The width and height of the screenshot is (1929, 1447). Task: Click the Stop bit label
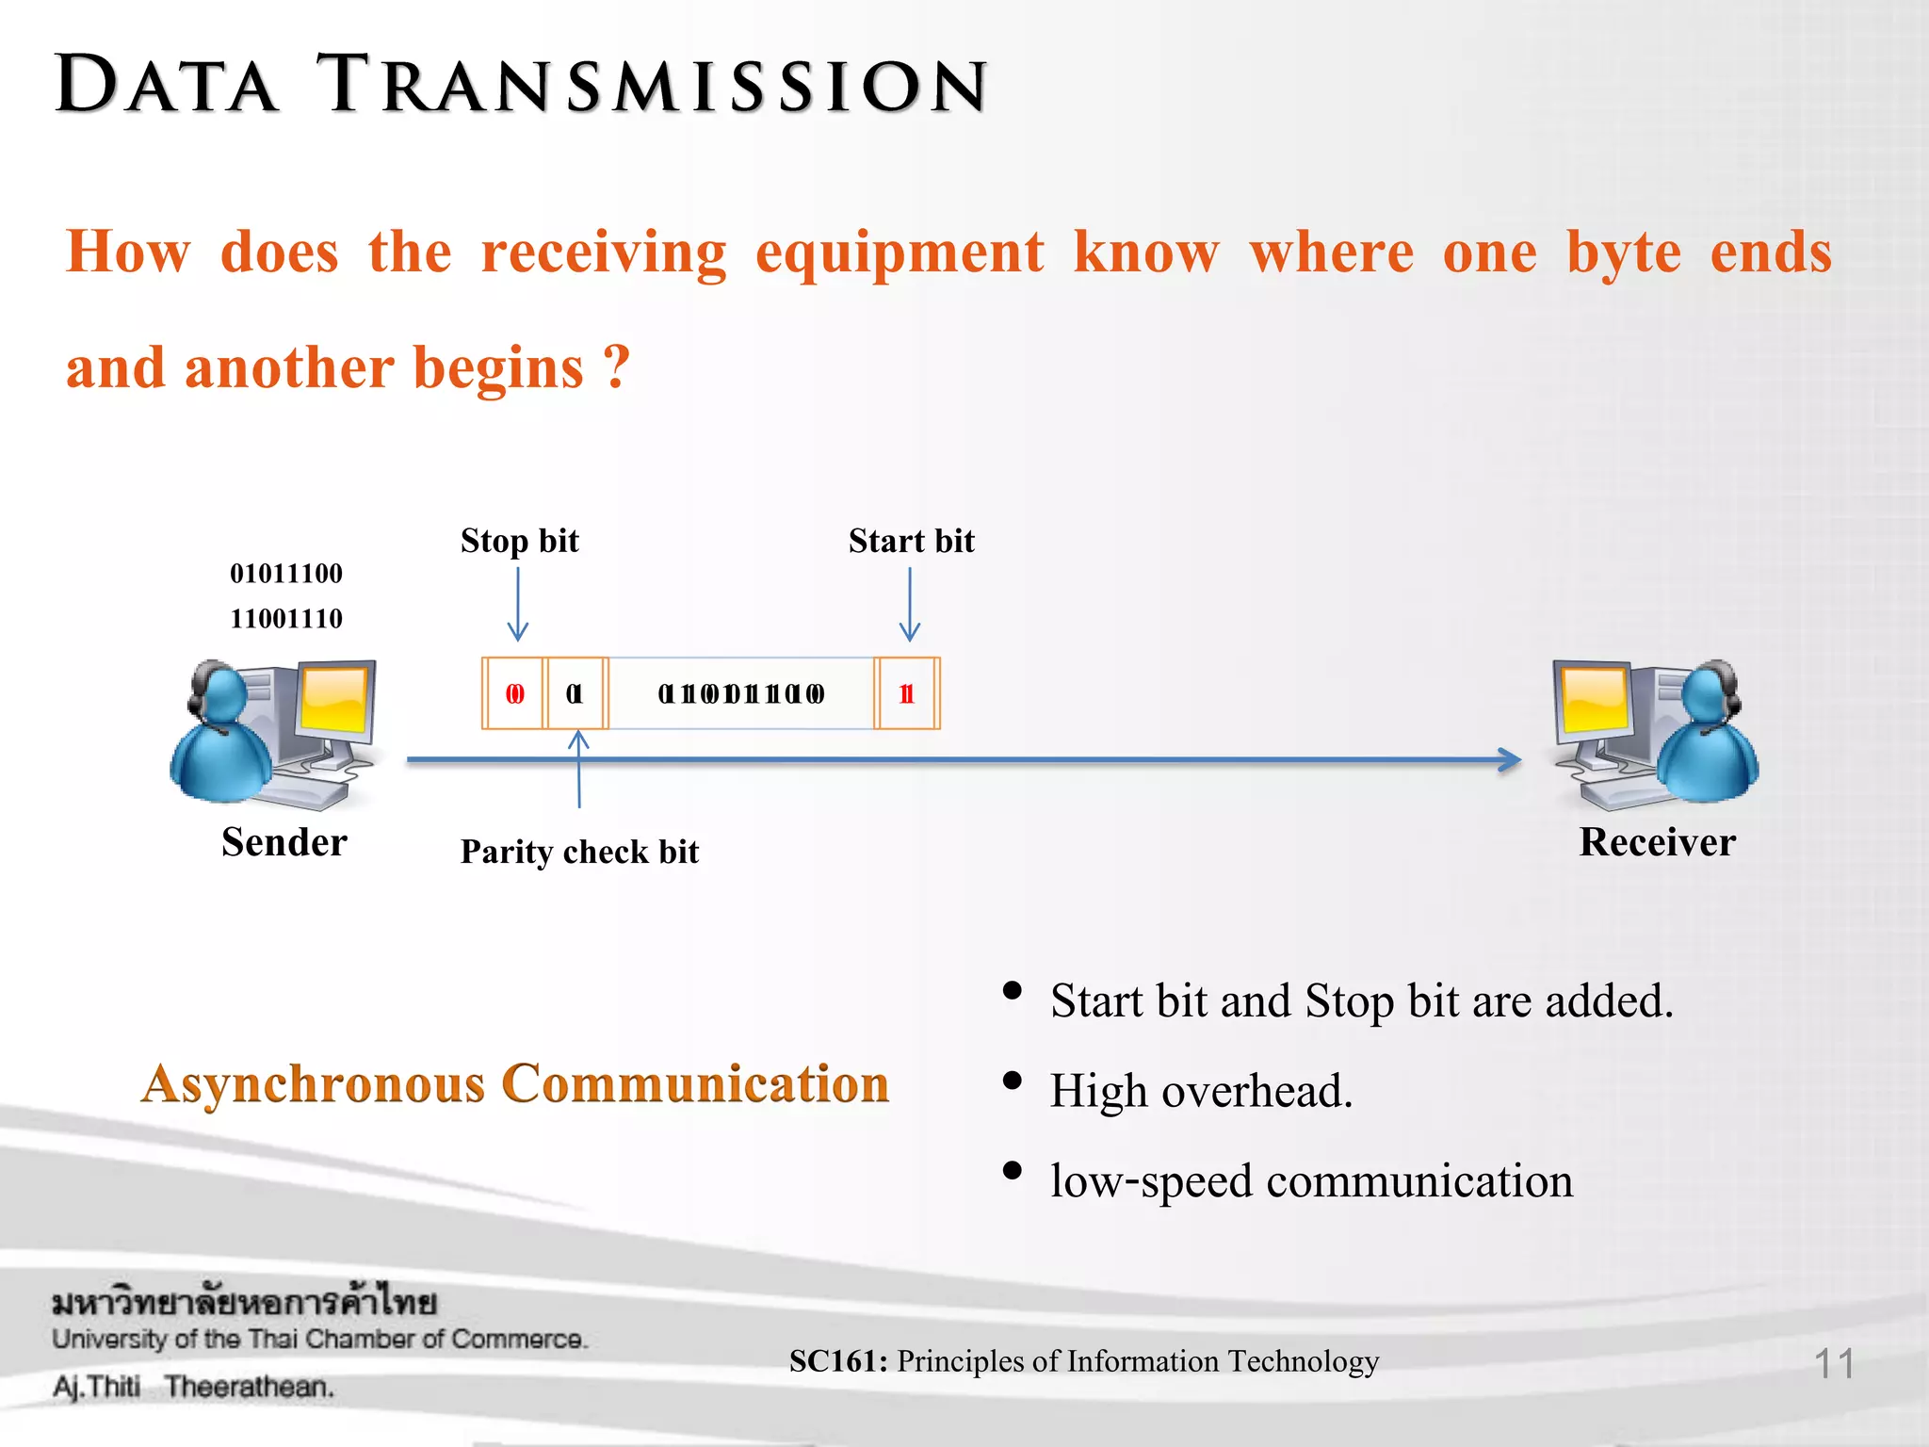tap(519, 541)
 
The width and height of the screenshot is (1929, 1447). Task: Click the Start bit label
tap(911, 541)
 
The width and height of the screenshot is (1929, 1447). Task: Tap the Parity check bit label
tap(579, 852)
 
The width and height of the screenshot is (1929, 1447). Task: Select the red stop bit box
tap(513, 694)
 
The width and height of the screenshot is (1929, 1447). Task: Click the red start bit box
tap(907, 694)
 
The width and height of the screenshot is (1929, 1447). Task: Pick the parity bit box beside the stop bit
tap(575, 694)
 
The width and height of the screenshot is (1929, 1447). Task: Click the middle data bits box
tap(741, 694)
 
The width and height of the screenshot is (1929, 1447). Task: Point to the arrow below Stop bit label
tap(518, 604)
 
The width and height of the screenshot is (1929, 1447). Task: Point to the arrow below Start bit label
tap(910, 604)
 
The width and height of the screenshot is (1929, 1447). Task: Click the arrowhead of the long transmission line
tap(1510, 759)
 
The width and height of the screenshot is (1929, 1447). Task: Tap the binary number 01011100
tap(286, 573)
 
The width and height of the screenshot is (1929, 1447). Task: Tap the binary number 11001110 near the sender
tap(286, 619)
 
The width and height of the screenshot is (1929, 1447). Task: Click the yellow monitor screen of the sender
tap(334, 699)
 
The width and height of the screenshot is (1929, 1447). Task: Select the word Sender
tap(284, 842)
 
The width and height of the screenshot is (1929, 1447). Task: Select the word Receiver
tap(1657, 842)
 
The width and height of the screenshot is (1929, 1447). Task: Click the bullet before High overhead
tap(1013, 1081)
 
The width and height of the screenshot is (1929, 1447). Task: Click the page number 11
tap(1834, 1363)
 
